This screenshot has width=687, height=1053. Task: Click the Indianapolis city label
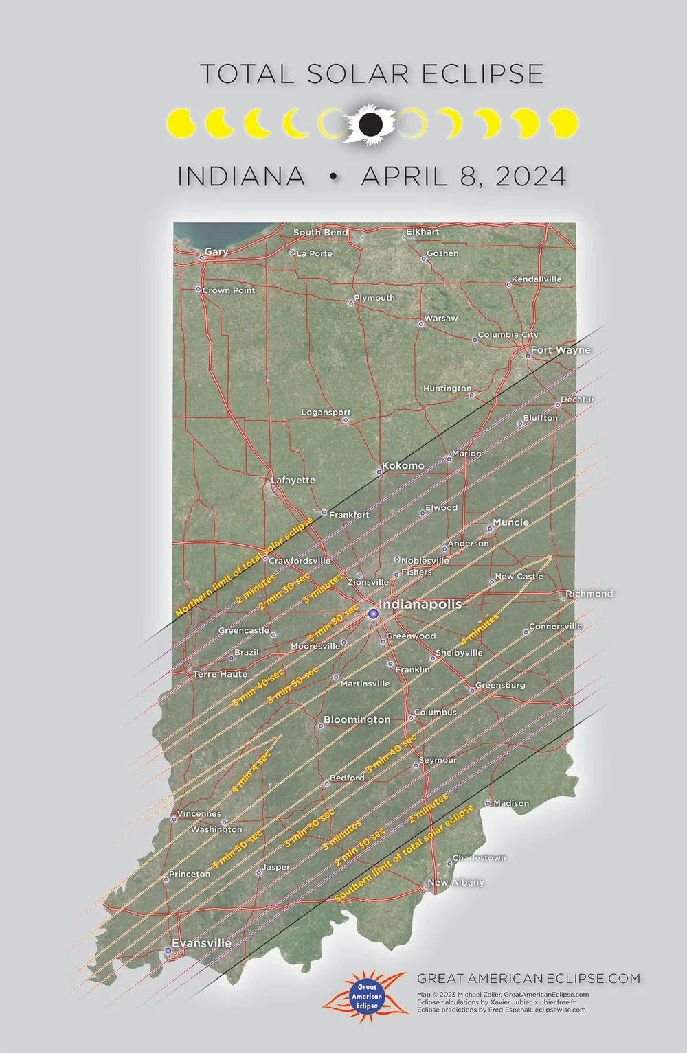pyautogui.click(x=420, y=604)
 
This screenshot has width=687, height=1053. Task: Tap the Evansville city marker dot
pyautogui.click(x=168, y=951)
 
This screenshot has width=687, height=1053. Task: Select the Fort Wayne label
pyautogui.click(x=560, y=350)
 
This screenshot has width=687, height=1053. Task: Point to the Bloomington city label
pyautogui.click(x=357, y=719)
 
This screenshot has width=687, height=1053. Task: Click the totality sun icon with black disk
pyautogui.click(x=370, y=124)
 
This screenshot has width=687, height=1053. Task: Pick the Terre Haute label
pyautogui.click(x=220, y=674)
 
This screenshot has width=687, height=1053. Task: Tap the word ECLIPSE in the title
pyautogui.click(x=482, y=74)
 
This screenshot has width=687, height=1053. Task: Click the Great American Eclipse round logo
pyautogui.click(x=366, y=996)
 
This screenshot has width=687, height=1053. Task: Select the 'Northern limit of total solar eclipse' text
pyautogui.click(x=244, y=567)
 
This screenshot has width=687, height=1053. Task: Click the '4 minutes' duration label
pyautogui.click(x=480, y=629)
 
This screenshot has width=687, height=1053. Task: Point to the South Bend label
pyautogui.click(x=320, y=233)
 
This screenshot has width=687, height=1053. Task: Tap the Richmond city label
pyautogui.click(x=589, y=594)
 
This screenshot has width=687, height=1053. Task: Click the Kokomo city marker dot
pyautogui.click(x=379, y=472)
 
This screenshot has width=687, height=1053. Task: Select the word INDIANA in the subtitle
pyautogui.click(x=242, y=176)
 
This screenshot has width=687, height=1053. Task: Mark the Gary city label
pyautogui.click(x=216, y=252)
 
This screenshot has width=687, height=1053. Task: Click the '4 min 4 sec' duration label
pyautogui.click(x=251, y=773)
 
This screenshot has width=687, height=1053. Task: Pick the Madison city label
pyautogui.click(x=511, y=803)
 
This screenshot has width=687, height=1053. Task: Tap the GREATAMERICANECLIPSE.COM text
pyautogui.click(x=528, y=978)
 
